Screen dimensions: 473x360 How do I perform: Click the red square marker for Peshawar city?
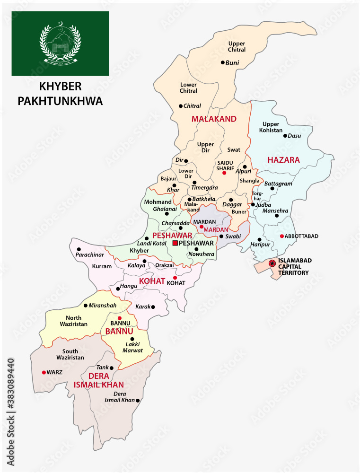[175, 243]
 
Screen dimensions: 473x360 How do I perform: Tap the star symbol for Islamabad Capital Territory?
[272, 263]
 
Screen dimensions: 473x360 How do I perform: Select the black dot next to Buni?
[222, 62]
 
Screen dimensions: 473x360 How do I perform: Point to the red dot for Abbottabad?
[281, 236]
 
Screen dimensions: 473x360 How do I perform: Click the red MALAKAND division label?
[213, 119]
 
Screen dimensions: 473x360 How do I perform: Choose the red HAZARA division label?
[283, 160]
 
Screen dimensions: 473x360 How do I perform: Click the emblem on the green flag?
[60, 43]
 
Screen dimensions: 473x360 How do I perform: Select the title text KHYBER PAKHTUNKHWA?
[60, 94]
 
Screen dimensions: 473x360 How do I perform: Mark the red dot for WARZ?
[44, 372]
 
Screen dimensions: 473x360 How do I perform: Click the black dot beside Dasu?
[285, 136]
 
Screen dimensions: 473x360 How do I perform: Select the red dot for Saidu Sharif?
[224, 173]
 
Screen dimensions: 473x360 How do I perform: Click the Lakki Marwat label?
[132, 348]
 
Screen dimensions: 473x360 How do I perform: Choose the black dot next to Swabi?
[221, 236]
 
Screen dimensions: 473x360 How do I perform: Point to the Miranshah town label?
[102, 306]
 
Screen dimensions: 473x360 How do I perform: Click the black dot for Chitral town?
[180, 106]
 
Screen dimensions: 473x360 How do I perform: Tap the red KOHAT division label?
[152, 281]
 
